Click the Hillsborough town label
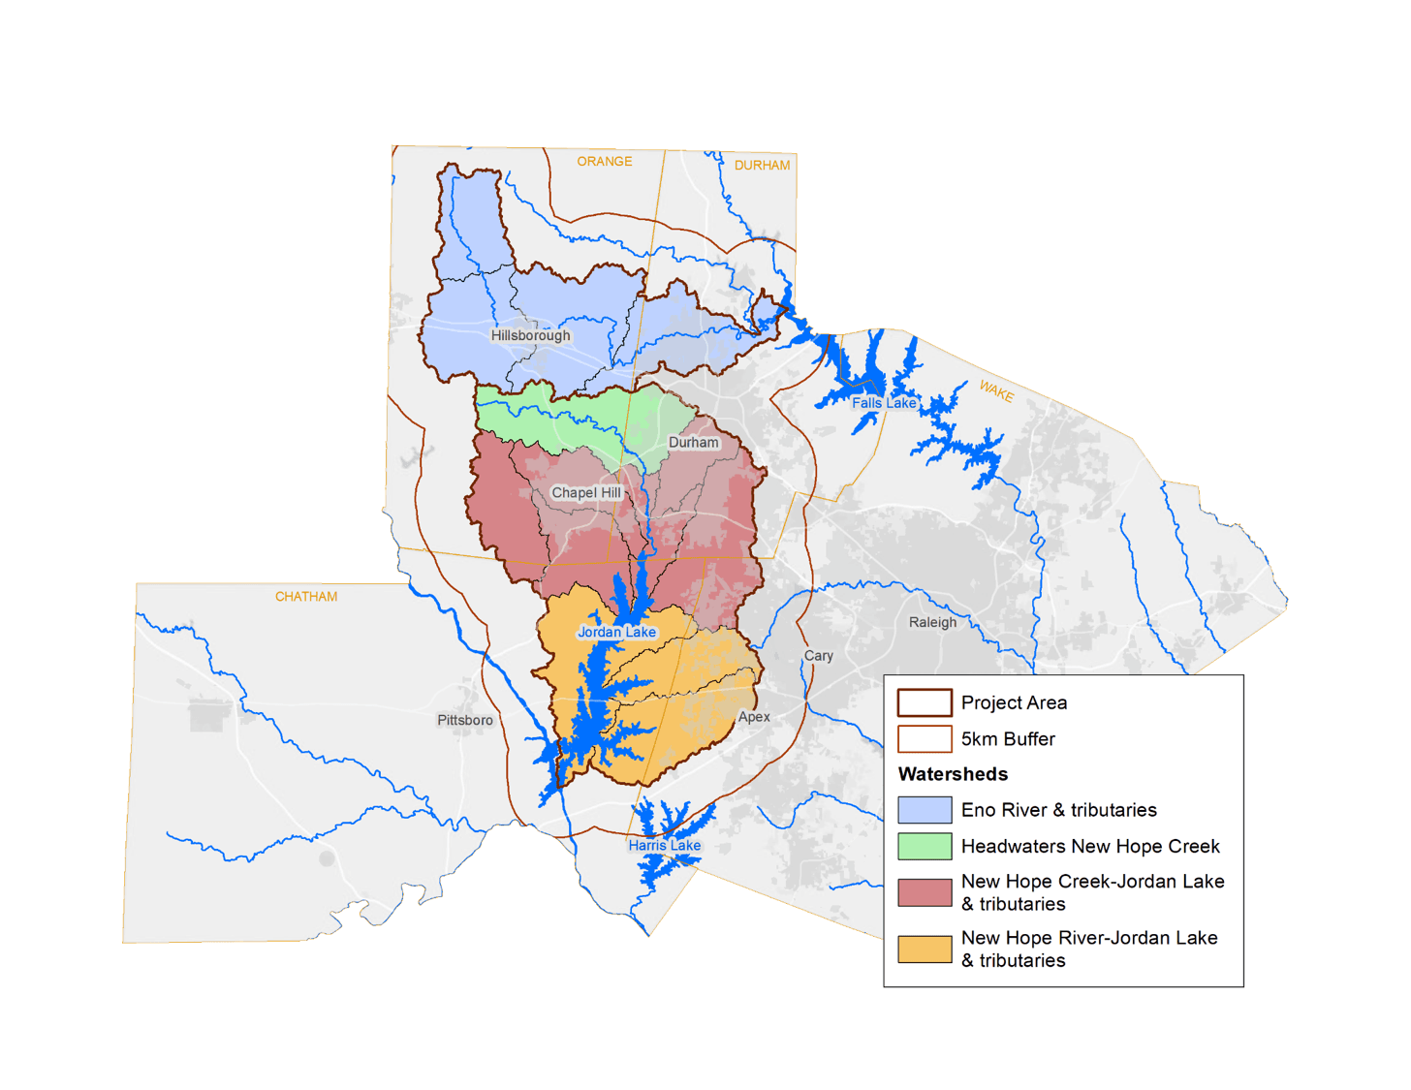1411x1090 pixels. point(530,335)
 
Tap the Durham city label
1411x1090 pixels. point(693,442)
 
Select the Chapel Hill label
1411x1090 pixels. point(585,492)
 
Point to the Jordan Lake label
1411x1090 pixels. point(616,632)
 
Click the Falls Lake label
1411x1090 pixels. point(883,403)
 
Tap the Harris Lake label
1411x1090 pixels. point(664,845)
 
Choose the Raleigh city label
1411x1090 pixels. point(932,622)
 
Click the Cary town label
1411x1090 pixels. point(818,655)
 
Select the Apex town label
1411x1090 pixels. point(754,717)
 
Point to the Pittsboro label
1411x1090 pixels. point(464,720)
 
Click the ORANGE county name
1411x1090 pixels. point(604,161)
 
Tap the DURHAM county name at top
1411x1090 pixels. point(762,165)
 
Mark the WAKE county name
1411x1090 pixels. point(996,391)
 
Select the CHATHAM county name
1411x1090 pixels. point(306,596)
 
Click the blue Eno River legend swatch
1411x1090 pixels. point(924,810)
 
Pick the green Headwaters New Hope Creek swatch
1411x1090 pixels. point(924,846)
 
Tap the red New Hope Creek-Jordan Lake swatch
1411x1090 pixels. point(924,892)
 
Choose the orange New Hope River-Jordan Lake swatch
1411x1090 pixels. point(924,949)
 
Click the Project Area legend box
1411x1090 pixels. point(924,702)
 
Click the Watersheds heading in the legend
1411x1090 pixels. point(953,774)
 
